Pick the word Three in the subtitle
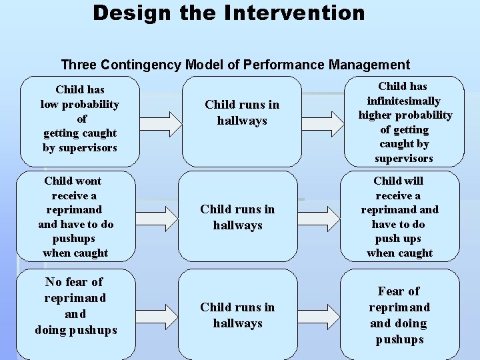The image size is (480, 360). click(79, 65)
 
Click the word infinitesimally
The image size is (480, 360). click(404, 101)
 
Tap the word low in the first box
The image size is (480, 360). click(52, 104)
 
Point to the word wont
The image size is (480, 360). click(88, 181)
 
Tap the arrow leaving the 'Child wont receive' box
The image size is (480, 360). click(157, 217)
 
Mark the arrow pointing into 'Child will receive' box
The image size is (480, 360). click(319, 217)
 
